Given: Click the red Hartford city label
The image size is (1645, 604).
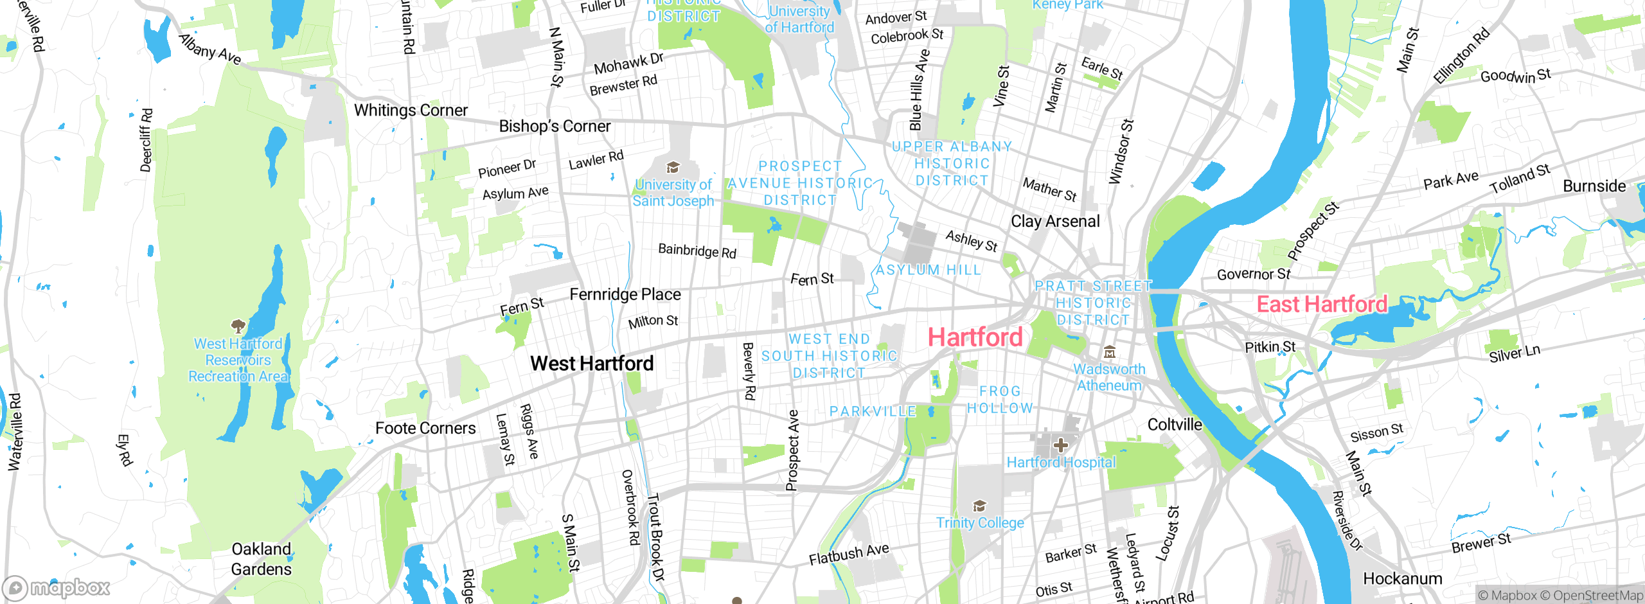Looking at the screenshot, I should coord(975,337).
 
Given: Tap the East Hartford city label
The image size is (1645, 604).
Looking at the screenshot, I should coord(1322,304).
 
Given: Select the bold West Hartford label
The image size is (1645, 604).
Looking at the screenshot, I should coord(592,364).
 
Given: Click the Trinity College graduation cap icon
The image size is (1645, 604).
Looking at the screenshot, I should coord(979,506).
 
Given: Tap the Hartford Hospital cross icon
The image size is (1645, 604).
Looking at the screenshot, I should coord(1061,445).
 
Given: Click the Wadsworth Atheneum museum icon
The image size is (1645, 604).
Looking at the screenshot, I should coord(1109,352).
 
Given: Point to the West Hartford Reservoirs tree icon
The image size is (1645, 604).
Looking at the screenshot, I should coord(238,326).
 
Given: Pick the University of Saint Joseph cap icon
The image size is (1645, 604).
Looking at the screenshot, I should coord(673,168).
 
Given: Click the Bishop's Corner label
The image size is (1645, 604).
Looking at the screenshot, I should coord(555,126).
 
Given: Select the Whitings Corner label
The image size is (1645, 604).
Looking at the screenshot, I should coord(411,111).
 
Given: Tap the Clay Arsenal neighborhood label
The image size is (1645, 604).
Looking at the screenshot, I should coord(1055,222).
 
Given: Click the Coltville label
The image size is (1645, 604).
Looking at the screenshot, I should coord(1175,425).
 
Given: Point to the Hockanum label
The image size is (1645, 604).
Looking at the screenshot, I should coord(1403,579).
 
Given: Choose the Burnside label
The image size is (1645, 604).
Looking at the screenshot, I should coord(1594,186).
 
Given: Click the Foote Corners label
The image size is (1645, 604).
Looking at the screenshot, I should coord(425,429).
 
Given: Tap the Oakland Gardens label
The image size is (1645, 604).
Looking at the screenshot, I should coord(261,559).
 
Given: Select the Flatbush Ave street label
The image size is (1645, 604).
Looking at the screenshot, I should coord(849,554).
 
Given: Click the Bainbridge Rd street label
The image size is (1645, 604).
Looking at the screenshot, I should coord(697,251).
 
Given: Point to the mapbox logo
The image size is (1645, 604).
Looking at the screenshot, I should coord(57,587).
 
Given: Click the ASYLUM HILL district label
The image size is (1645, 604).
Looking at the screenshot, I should coord(929,270).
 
